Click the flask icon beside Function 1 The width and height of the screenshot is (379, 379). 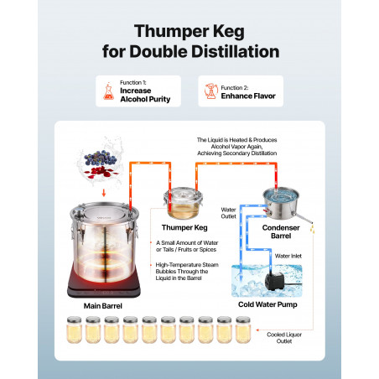coord(108,91)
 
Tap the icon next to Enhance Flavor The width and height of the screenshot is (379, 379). coord(211,91)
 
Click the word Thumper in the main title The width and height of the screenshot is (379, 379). coord(171,32)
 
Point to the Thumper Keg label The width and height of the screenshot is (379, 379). coord(184,227)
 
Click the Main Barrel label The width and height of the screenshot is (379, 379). coord(103,306)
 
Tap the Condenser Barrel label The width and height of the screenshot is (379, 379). coord(281,231)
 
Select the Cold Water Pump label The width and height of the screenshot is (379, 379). coord(267,304)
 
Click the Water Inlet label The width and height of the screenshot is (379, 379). coord(288,256)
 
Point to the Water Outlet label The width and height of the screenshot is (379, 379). coord(228,213)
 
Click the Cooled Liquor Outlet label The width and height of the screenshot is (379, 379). coord(284,338)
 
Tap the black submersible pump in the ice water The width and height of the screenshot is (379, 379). coord(275,282)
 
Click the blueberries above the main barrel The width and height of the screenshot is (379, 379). coord(100,158)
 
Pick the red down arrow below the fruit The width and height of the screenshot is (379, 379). coord(104,193)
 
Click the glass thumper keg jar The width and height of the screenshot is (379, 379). coord(184,203)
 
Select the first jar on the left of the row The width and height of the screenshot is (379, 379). coord(74,330)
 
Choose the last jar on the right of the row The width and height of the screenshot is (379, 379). coord(243,330)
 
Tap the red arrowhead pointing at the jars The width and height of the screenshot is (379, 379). coord(257,330)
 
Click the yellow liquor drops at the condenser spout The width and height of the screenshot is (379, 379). coord(313,229)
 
